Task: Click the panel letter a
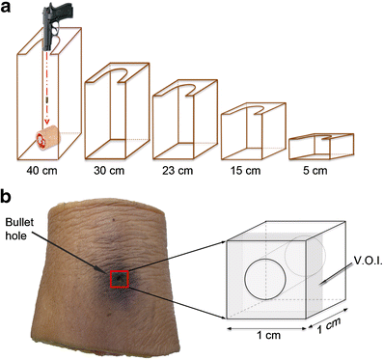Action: (9, 9)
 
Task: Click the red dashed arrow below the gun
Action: (44, 92)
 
